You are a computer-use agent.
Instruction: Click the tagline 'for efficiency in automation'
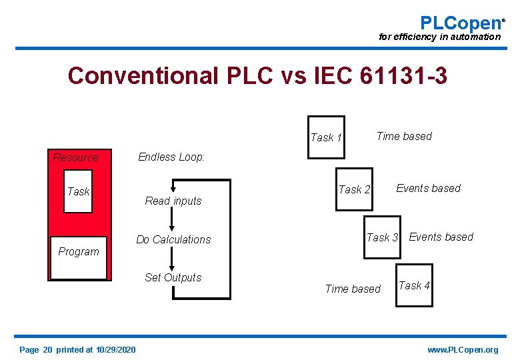[439, 37]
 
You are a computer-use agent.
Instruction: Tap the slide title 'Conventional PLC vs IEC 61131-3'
[257, 76]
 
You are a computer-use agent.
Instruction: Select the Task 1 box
[326, 137]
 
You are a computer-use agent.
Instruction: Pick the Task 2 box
[354, 189]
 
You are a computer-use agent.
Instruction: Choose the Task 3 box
[382, 237]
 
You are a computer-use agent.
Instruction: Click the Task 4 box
[414, 285]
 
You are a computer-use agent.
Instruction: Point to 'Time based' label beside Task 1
[404, 136]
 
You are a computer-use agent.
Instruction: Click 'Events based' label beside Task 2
[428, 188]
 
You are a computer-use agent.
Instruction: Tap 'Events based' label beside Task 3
[441, 237]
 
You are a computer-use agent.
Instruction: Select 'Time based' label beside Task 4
[353, 289]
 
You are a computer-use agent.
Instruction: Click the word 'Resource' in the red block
[75, 157]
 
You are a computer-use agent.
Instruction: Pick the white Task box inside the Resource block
[78, 191]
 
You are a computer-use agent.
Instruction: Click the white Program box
[78, 257]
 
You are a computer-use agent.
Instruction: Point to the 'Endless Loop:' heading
[171, 157]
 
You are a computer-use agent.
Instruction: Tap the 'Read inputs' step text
[173, 201]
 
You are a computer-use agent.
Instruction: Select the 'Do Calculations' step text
[173, 239]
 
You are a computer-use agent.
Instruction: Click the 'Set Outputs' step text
[173, 277]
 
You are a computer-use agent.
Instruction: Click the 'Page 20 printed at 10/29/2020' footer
[77, 350]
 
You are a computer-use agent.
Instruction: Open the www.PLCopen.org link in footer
[463, 350]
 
